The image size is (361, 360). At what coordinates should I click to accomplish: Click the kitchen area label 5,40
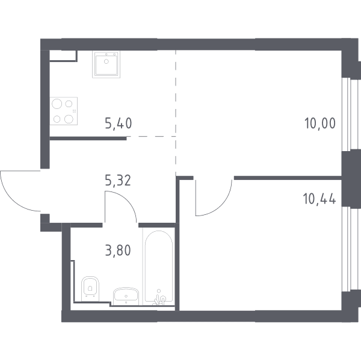[119, 123]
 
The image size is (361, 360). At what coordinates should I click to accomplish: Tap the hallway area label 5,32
[118, 180]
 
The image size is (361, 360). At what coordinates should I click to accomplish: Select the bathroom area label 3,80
[118, 250]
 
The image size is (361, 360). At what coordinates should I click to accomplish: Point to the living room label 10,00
[320, 123]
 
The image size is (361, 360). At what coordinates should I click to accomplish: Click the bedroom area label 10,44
[320, 199]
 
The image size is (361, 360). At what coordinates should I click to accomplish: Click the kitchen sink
[106, 64]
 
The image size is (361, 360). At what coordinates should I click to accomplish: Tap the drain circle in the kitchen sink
[106, 61]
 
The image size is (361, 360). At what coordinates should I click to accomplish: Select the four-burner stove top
[64, 111]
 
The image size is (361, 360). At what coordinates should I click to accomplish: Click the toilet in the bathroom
[90, 288]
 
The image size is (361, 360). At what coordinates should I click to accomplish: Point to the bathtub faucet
[160, 298]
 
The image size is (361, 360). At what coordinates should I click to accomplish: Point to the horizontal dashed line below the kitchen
[151, 136]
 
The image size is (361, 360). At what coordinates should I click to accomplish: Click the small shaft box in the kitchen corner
[63, 56]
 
